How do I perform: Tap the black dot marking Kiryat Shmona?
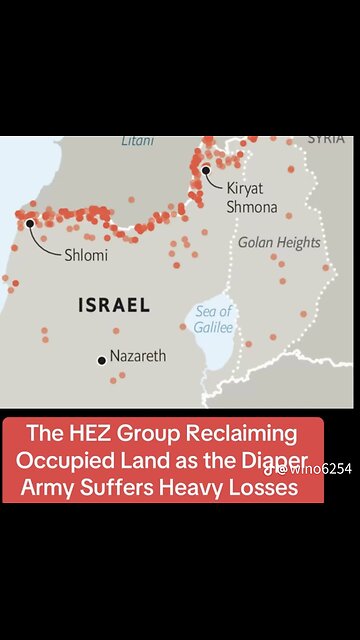pos(206,171)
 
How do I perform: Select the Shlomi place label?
pos(87,255)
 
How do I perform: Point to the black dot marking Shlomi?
pos(31,223)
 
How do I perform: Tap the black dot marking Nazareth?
pos(101,359)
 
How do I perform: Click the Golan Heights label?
pos(279,243)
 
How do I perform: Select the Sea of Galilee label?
pos(212,318)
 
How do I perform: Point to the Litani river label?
pos(138,142)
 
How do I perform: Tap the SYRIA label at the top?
pos(326,139)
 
